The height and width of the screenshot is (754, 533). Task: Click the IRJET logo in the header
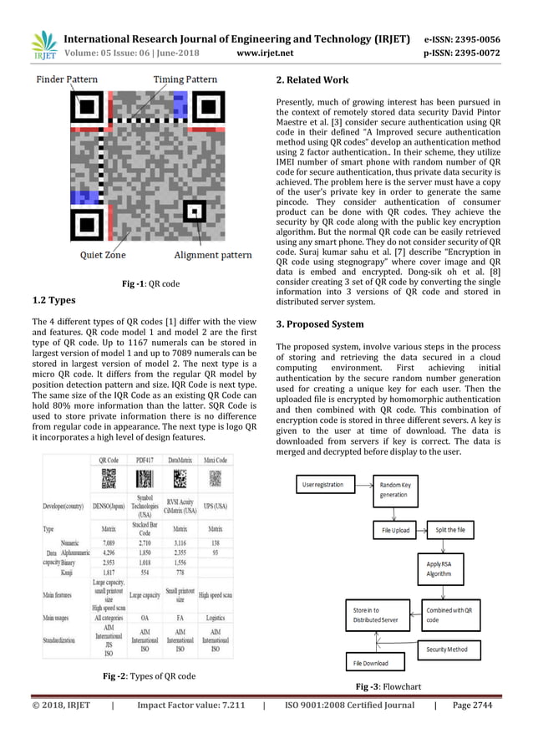tap(43, 46)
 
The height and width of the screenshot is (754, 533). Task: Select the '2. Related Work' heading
tap(312, 81)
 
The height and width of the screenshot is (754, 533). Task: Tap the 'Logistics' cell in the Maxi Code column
tap(216, 619)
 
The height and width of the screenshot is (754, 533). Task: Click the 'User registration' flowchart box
tap(325, 484)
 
